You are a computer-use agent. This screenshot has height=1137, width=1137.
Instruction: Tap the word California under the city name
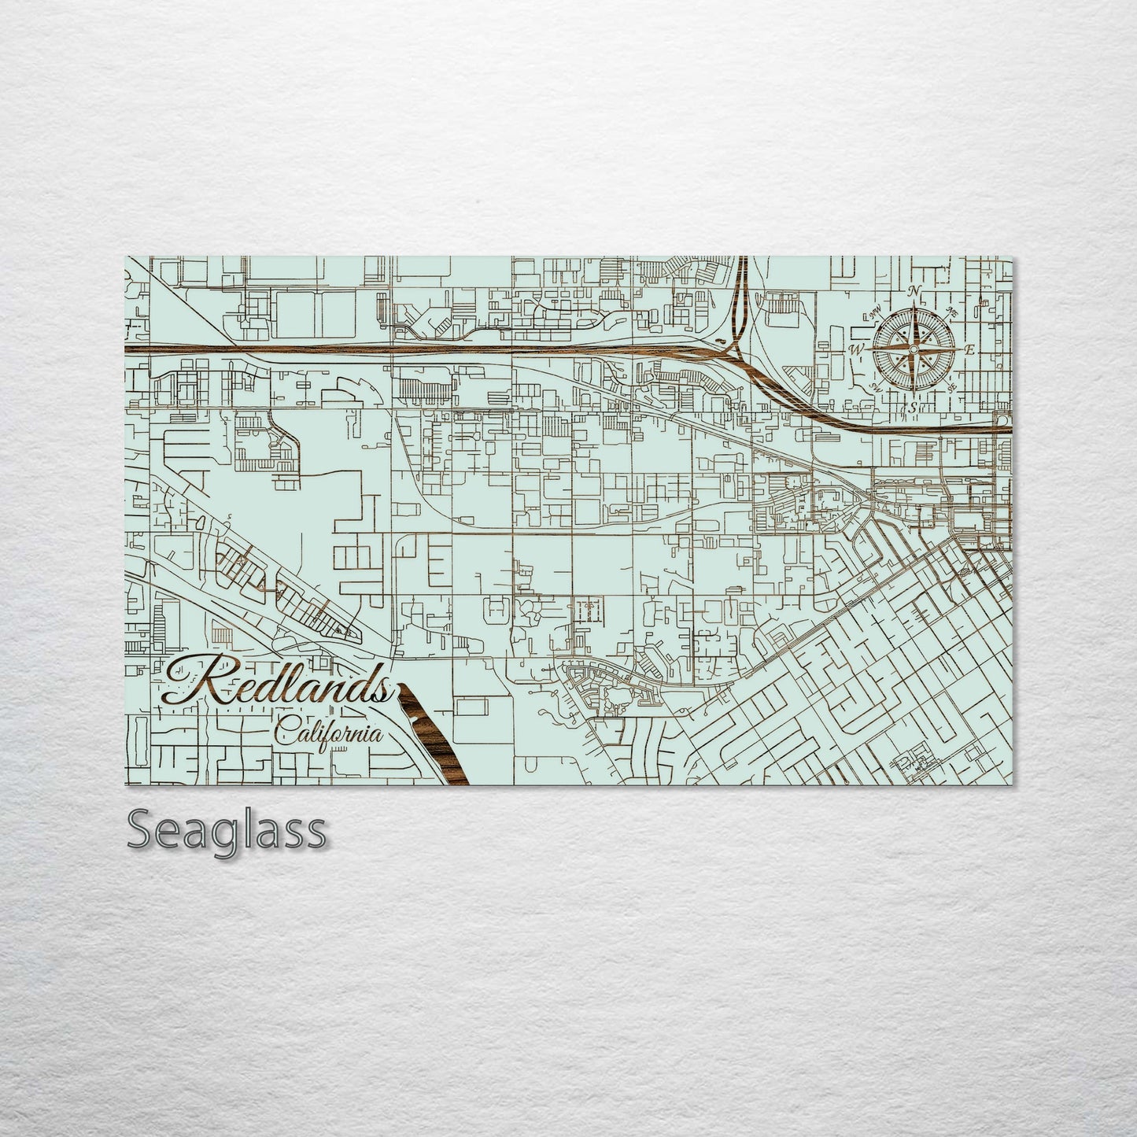(x=329, y=734)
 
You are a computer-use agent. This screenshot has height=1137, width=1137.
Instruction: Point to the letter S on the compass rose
(x=913, y=408)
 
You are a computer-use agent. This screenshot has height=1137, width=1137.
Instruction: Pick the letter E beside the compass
(x=969, y=349)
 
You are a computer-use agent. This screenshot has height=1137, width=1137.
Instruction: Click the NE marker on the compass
(x=953, y=310)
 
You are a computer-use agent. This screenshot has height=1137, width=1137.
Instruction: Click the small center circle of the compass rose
(x=914, y=349)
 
